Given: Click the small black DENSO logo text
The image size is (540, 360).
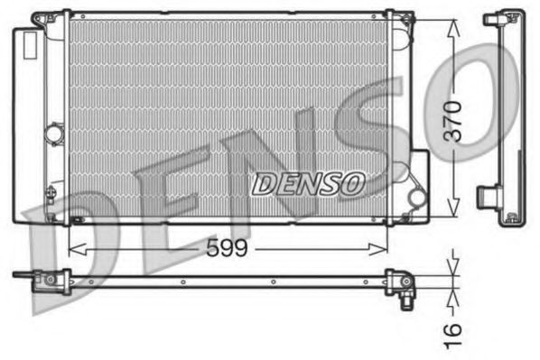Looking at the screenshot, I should coord(307,183).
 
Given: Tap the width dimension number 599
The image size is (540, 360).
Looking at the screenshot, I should coord(225,247).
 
